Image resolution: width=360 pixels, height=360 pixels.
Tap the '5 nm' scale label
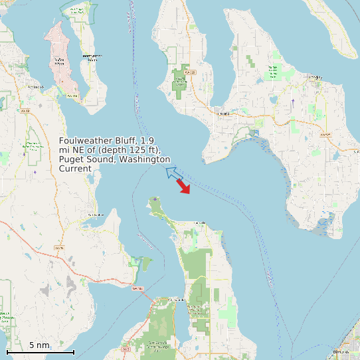point(40,345)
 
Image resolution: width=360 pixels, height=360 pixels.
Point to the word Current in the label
point(75,169)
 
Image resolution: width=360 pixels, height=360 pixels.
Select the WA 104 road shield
point(137,288)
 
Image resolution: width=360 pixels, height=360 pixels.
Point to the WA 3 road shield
point(126,348)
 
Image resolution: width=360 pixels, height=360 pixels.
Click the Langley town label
point(314,77)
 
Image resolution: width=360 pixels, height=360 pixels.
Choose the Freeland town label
point(223,113)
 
